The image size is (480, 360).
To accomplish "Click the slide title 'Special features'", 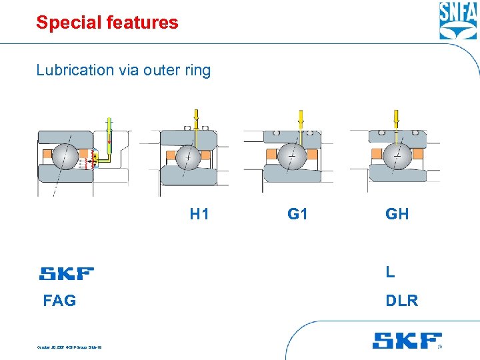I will [107, 23].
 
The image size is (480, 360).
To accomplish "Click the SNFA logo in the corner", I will [457, 21].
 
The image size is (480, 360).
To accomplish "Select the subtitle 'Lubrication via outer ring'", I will [123, 70].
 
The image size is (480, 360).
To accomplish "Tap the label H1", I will [199, 214].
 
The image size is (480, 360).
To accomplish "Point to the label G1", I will [297, 214].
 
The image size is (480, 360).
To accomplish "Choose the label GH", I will [397, 214].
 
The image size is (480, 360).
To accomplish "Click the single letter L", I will [390, 272].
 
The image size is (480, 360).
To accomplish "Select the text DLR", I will [402, 301].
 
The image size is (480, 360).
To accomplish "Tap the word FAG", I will [59, 301].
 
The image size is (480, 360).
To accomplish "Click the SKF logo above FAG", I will [67, 273].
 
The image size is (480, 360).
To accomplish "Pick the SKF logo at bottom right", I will [407, 341].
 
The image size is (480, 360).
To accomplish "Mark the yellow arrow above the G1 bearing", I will [300, 118].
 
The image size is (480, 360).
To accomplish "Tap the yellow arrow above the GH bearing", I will [396, 119].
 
